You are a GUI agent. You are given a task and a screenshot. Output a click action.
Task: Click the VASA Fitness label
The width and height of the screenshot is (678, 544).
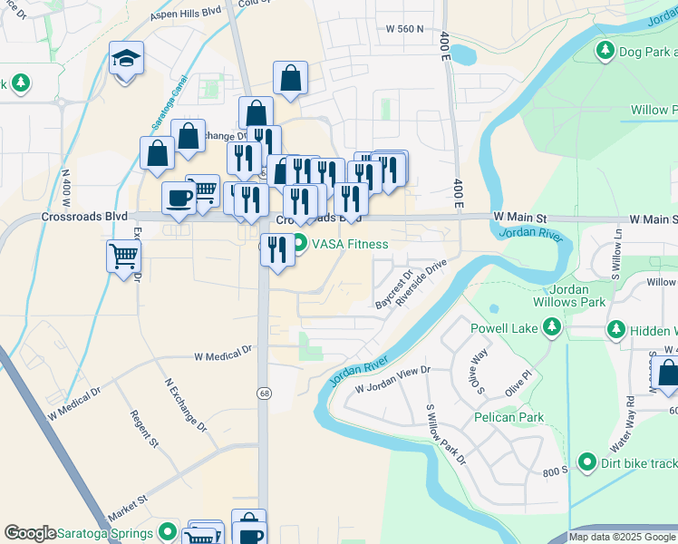pos(350,244)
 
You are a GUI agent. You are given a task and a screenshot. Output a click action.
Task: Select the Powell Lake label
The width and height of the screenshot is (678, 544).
pos(504,327)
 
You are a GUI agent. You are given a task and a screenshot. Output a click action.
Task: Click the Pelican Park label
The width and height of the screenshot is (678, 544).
pos(507,418)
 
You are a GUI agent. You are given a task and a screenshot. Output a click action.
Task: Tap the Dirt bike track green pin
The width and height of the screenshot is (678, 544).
pos(586,463)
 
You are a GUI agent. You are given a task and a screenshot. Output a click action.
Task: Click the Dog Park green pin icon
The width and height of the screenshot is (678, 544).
pos(605,52)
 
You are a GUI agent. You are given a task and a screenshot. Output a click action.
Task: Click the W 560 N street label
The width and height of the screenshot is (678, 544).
pos(404,29)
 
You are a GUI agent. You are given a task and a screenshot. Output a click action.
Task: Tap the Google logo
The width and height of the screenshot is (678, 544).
pos(30,533)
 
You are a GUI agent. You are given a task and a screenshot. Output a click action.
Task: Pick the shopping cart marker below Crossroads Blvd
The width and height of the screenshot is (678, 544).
pos(123,256)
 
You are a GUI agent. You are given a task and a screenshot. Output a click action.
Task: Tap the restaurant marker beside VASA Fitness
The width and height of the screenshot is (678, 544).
pos(277,249)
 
